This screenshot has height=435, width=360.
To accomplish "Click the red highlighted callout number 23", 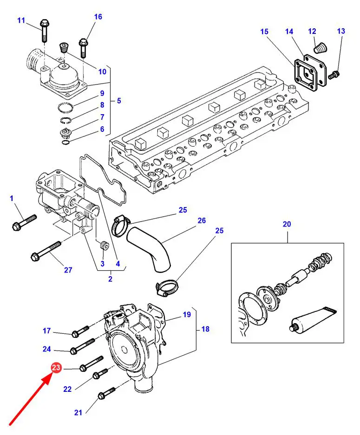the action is tap(56, 368).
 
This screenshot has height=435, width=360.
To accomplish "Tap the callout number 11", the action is tap(21, 20).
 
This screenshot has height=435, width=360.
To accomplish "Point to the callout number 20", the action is tap(287, 224).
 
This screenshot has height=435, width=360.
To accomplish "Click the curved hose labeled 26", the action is tap(150, 248).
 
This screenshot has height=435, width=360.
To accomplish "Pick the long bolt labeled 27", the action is tap(46, 251).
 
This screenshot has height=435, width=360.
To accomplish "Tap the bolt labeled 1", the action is tap(25, 222).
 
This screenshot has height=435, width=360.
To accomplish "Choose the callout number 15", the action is tap(264, 32).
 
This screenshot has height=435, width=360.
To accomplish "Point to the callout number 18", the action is tap(205, 329).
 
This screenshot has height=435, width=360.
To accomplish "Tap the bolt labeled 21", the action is tap(106, 393).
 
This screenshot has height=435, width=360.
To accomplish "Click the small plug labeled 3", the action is tap(105, 246).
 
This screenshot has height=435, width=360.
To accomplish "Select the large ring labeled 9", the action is tap(65, 107).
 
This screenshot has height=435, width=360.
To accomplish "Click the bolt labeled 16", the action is tap(84, 47).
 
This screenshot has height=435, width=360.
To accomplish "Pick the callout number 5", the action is tap(119, 101).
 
